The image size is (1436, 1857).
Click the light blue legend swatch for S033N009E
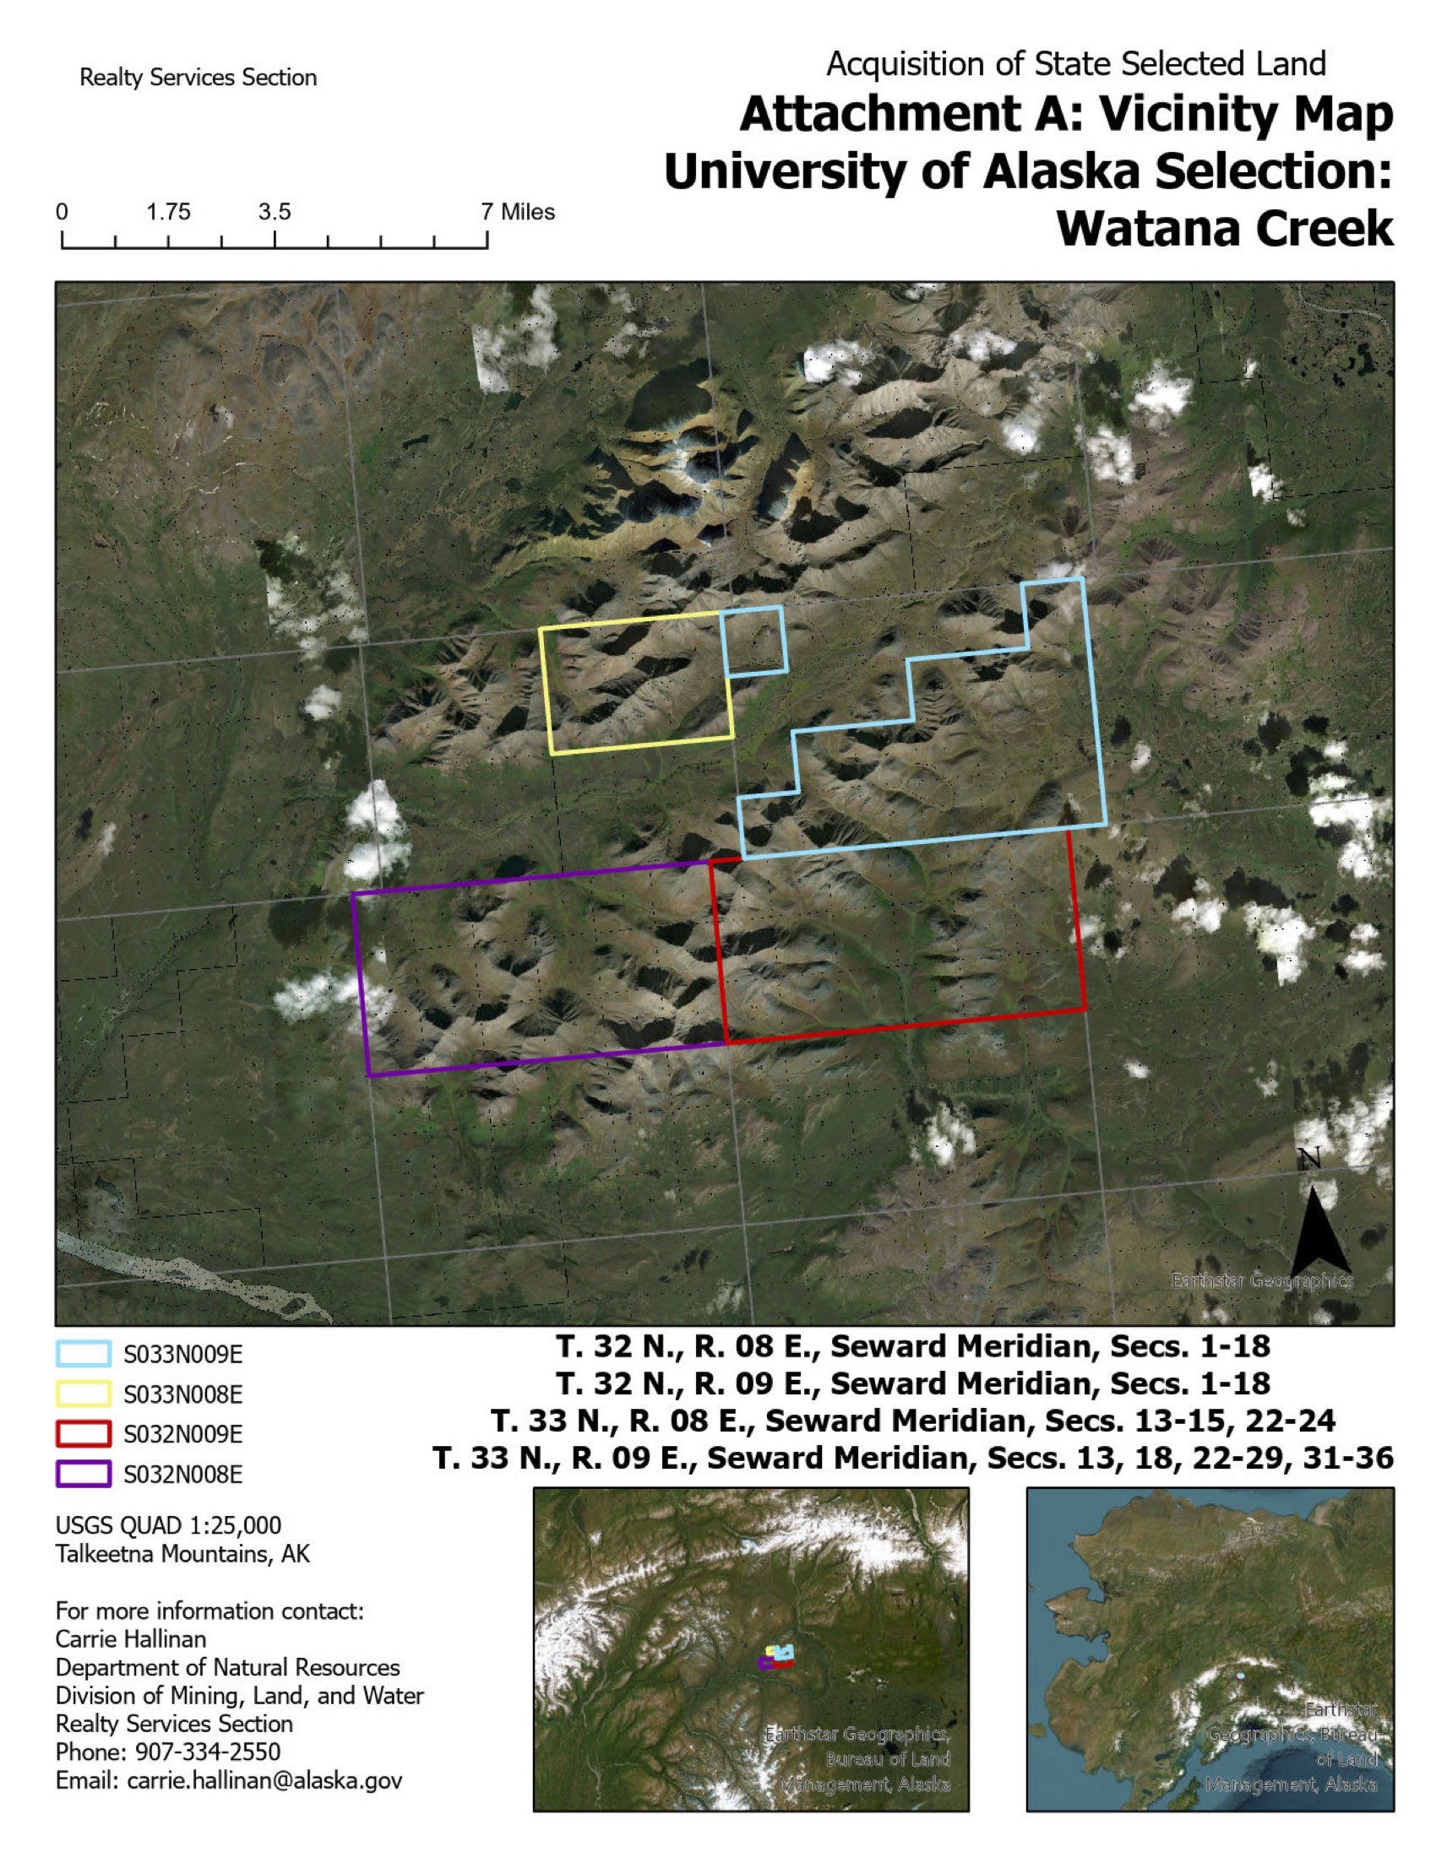tap(84, 1355)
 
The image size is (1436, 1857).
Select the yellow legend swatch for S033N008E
tap(84, 1394)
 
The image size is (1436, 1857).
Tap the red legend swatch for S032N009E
tap(84, 1434)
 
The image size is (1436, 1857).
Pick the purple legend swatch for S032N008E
tap(84, 1474)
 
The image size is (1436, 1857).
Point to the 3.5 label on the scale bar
tap(274, 212)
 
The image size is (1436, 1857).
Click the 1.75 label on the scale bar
tap(167, 212)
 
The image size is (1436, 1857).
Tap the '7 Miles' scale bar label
tap(518, 212)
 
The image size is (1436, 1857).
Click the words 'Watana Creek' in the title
tap(1224, 228)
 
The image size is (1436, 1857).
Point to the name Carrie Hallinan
tap(130, 1638)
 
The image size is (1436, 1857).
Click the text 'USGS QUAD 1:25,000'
tap(167, 1525)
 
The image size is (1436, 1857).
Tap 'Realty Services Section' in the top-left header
tap(198, 78)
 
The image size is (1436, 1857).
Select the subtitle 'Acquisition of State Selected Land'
tap(1075, 64)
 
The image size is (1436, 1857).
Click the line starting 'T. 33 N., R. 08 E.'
tap(913, 1421)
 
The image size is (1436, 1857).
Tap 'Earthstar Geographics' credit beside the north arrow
tap(1261, 1280)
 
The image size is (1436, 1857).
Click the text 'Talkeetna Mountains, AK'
tap(182, 1553)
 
